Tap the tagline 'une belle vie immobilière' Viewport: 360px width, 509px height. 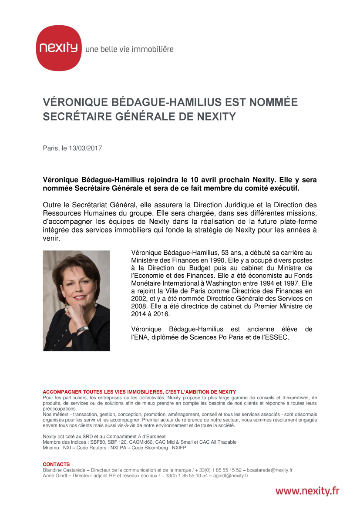click(x=129, y=49)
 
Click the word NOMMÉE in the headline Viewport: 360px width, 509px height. click(x=273, y=102)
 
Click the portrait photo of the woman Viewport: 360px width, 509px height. click(x=76, y=300)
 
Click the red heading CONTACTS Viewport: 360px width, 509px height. click(x=56, y=465)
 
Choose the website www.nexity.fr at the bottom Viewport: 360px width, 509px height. click(x=307, y=491)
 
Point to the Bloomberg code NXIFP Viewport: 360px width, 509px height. click(x=179, y=448)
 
